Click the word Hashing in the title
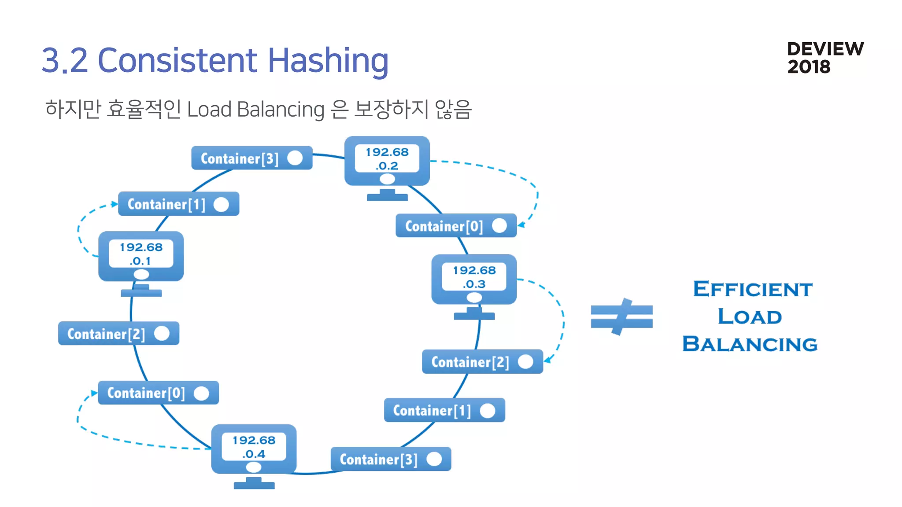[x=328, y=60]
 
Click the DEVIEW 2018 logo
[x=825, y=58]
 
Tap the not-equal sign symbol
[x=621, y=317]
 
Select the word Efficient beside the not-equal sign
[x=752, y=289]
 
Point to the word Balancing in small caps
[x=750, y=344]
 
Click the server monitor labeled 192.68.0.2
[x=387, y=162]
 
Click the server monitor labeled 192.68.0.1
[x=141, y=257]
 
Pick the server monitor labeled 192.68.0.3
[x=474, y=279]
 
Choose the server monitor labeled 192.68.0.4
[x=254, y=449]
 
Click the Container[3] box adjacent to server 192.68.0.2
[x=251, y=158]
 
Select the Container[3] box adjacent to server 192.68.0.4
[x=391, y=459]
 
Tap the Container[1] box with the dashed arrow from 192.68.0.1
[x=178, y=204]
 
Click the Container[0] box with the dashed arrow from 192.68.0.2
[x=456, y=226]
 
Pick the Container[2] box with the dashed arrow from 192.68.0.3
[x=482, y=362]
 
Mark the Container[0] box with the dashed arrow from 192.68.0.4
[x=158, y=393]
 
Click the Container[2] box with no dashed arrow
[x=118, y=334]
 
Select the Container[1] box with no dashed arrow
[x=444, y=410]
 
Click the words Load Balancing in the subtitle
[x=255, y=110]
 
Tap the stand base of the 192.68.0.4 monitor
[x=254, y=485]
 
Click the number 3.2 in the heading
[x=65, y=60]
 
